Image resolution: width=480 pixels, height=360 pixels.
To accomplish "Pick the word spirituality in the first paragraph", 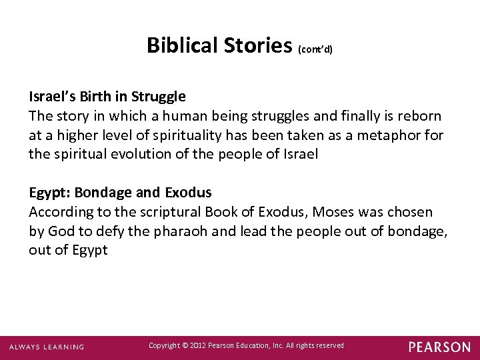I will [187, 135].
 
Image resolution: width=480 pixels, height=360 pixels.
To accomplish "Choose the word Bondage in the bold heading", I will [103, 193].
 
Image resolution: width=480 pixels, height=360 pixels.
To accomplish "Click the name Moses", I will [329, 213].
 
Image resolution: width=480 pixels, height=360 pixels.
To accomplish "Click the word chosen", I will [411, 213].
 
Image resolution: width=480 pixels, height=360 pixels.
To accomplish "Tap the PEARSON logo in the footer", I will [439, 347].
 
